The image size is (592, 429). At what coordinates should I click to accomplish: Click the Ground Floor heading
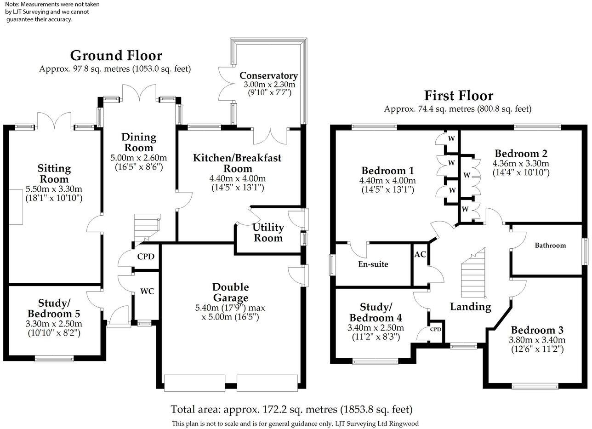[x=116, y=56]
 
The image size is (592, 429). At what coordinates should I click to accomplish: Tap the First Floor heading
[x=459, y=96]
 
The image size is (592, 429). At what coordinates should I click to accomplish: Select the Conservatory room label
[x=269, y=75]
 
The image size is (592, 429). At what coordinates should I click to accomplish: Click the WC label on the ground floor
[x=147, y=291]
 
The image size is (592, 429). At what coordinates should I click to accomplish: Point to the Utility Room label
[x=268, y=233]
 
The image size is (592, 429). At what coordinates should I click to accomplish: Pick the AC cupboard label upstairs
[x=420, y=254]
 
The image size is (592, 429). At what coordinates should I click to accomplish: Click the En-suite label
[x=373, y=264]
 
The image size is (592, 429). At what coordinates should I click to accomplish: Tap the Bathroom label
[x=551, y=245]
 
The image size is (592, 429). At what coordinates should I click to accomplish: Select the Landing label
[x=471, y=307]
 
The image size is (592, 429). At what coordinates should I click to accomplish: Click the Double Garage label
[x=230, y=292]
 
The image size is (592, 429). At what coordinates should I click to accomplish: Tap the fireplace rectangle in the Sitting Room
[x=16, y=207]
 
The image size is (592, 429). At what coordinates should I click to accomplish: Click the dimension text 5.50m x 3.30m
[x=54, y=189]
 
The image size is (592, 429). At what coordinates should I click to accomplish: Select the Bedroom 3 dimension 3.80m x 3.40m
[x=537, y=340]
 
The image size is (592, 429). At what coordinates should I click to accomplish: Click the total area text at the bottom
[x=292, y=409]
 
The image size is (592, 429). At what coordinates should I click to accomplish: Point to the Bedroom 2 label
[x=521, y=154]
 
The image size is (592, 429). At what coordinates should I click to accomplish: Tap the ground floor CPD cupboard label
[x=146, y=257]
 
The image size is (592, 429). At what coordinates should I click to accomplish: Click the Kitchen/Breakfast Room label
[x=237, y=163]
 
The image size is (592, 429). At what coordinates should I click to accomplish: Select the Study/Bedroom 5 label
[x=54, y=308]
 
